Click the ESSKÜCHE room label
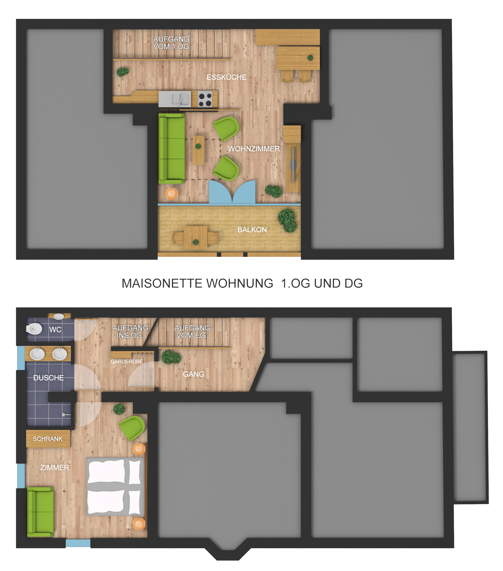pos(227,77)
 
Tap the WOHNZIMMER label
pos(254,149)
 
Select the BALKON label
pos(252,230)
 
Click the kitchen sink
pos(175,99)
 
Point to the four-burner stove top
pos(205,99)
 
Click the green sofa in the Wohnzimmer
pos(172,148)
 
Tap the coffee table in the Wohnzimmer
pos(199,150)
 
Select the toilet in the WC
pos(34,329)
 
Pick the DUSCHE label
pos(48,378)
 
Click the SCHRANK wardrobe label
pos(48,439)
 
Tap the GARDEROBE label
pos(127,361)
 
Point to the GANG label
pos(194,374)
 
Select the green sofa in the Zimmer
pos(40,512)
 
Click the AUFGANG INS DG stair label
pos(130,332)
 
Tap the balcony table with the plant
pos(196,237)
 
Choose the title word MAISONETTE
pos(162,283)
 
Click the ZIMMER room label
pos(55,468)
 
